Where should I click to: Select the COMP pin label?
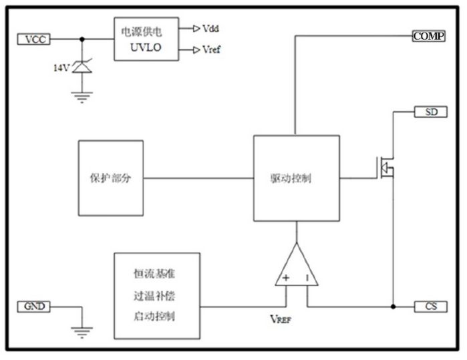428,36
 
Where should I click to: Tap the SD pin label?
431,112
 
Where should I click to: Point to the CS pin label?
430,307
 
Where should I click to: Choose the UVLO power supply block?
146,39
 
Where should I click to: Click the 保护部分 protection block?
110,178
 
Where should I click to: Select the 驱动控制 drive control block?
296,178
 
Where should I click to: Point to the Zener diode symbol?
82,67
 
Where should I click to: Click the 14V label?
62,67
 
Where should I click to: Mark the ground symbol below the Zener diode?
82,97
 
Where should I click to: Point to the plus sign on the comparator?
286,277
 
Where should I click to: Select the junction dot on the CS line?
393,307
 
